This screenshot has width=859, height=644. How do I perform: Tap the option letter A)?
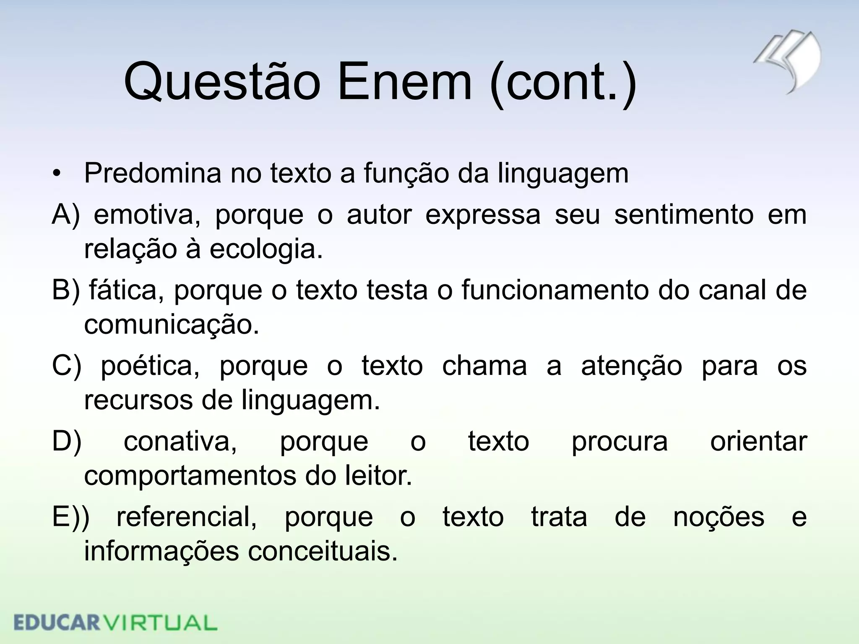(x=65, y=215)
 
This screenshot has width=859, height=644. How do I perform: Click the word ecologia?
(x=266, y=249)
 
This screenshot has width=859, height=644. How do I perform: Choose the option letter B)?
(x=65, y=290)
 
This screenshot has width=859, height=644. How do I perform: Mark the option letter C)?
(x=66, y=366)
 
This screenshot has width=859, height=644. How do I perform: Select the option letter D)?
(x=66, y=441)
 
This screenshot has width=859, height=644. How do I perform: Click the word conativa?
(x=180, y=442)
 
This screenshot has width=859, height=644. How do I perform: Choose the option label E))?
(x=70, y=517)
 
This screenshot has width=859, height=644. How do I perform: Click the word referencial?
(x=187, y=517)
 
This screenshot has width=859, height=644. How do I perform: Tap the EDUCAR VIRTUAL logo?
(x=115, y=623)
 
